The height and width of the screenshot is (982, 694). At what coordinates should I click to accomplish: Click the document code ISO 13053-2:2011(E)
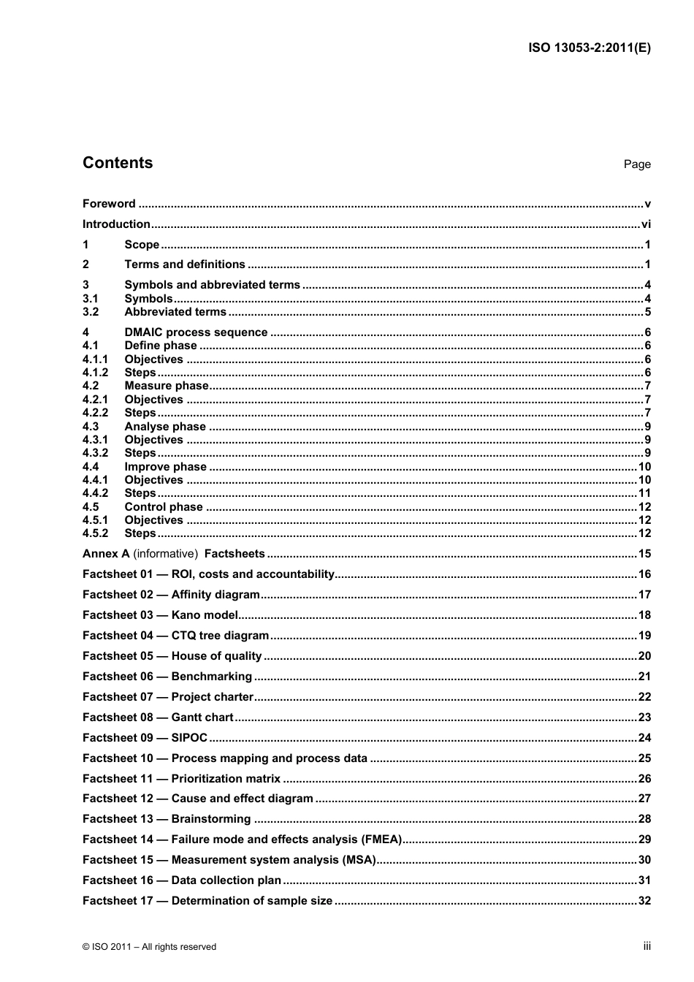pos(589,48)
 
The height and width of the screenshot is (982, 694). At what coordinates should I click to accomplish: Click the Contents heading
pos(118,163)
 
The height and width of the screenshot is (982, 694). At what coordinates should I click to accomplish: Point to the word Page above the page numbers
pos(636,164)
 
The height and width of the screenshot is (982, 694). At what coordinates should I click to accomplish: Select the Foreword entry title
pos(109,204)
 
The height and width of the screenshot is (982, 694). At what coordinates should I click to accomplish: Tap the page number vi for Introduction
pos(645,224)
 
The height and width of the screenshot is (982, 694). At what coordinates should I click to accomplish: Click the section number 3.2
pos(91,312)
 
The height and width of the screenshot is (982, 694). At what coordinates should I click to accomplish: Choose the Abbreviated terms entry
pos(175,312)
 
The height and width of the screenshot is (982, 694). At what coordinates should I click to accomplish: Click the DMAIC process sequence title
pos(196,332)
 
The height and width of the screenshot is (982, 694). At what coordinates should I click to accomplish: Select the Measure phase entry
pos(167,386)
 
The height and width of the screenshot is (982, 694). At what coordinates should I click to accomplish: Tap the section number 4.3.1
pos(95,440)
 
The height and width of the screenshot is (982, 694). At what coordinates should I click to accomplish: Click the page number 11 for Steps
pos(644,493)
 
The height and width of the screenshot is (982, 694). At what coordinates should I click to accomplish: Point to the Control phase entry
pos(164,507)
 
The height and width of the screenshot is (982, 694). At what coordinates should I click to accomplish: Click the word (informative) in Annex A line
pos(165,554)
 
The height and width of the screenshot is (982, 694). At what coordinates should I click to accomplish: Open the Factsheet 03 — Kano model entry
pos(161,615)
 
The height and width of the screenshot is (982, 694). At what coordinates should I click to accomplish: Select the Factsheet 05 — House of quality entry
pos(172,656)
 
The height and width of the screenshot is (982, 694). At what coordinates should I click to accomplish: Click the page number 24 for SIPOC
pos(644,738)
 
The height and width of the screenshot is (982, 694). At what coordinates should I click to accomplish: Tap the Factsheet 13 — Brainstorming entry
pos(167,819)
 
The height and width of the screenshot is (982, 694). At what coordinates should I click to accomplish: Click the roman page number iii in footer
pos(647,946)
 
